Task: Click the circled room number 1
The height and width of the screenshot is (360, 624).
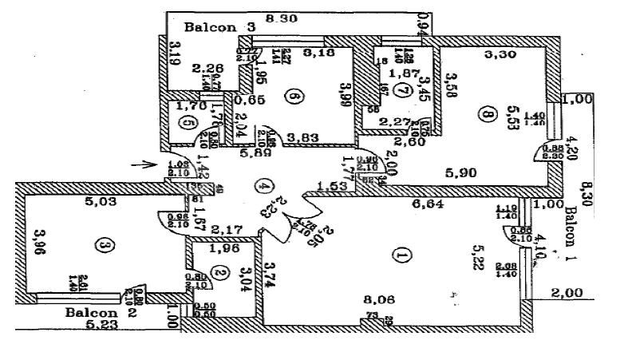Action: tap(401, 255)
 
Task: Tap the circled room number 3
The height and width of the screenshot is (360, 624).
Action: tap(101, 245)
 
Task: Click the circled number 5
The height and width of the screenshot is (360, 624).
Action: tap(188, 124)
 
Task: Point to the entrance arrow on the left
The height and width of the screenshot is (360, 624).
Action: tap(144, 165)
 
